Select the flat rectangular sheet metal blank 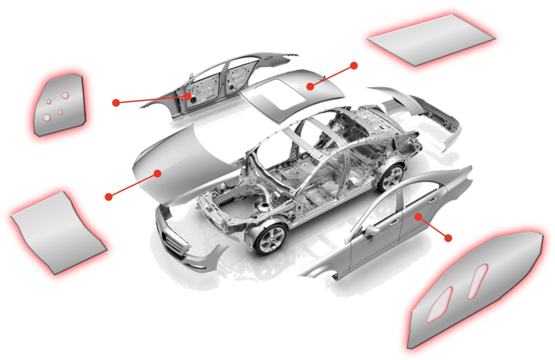pos(430,39)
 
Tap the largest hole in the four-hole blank pos(65,95)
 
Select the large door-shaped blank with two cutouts pos(476,292)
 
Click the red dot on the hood pos(157,174)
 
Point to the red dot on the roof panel pos(310,86)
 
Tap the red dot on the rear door pos(418,216)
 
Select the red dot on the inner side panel pos(188,96)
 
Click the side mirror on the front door pos(370,231)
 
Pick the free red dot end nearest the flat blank pos(354,65)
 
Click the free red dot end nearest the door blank pos(448,238)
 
